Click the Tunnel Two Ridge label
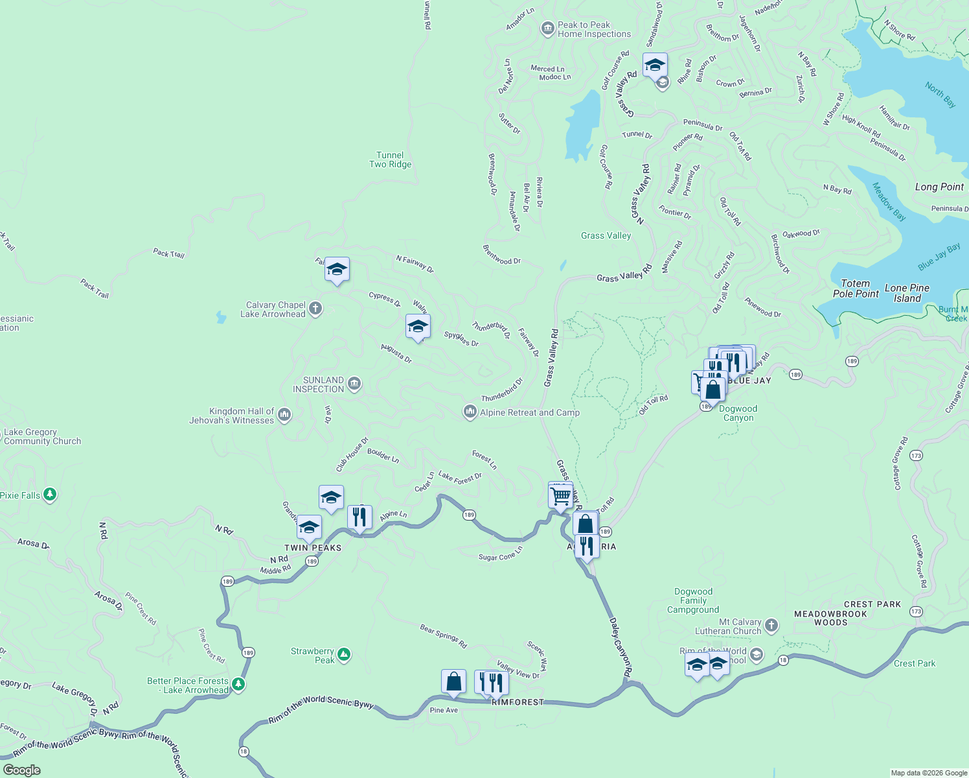390,159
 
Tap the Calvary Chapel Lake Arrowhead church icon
315,309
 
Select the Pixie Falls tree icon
50,495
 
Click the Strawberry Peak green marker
344,655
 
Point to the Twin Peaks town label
313,548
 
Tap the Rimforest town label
518,702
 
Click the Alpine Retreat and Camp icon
470,412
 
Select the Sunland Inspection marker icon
354,384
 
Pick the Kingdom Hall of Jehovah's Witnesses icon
284,415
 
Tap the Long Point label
939,187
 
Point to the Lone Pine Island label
907,293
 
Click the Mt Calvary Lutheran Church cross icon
771,626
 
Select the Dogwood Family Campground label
693,600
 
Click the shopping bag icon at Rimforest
453,681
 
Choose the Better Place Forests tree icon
238,684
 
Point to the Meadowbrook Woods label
830,618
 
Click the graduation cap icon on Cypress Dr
418,326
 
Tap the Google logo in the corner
21,770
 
